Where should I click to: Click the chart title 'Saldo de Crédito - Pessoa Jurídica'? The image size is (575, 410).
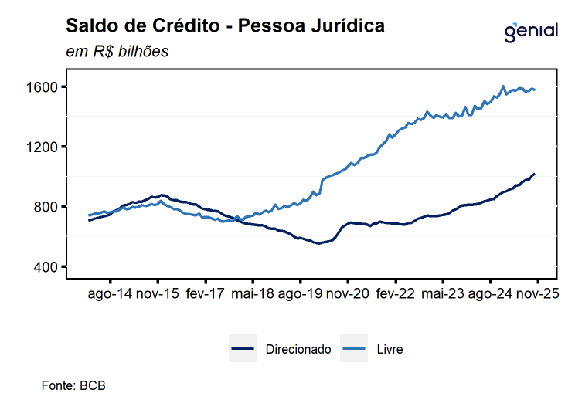tap(225, 26)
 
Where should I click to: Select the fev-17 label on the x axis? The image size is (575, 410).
tap(206, 294)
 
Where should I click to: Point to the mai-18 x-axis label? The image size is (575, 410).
tap(253, 294)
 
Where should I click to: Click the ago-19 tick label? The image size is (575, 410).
tap(301, 294)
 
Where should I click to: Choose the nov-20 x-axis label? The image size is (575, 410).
tap(349, 294)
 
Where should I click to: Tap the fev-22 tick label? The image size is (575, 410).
tap(396, 294)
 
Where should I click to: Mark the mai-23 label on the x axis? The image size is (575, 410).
tap(444, 294)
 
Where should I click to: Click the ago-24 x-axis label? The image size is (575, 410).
tap(491, 294)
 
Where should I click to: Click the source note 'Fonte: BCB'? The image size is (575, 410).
tap(73, 385)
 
